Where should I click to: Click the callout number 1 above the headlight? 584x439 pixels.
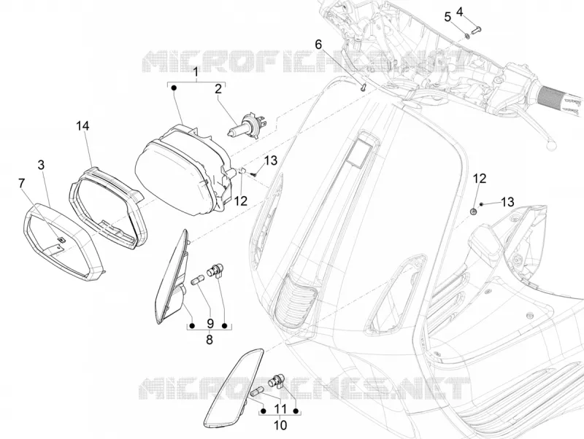[196, 72]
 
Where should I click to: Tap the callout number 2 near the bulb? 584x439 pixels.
[218, 88]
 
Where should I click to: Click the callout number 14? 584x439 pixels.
[83, 125]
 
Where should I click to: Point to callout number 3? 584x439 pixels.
[42, 164]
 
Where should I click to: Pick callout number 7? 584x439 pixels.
[22, 182]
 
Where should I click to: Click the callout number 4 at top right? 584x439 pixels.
[460, 12]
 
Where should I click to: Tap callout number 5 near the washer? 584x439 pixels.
[447, 17]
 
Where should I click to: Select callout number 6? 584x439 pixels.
[318, 44]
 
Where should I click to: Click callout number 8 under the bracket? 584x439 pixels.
[210, 339]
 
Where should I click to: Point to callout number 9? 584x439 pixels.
[210, 322]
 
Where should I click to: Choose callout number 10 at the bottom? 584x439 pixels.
[280, 425]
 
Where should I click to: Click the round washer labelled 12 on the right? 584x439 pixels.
[474, 211]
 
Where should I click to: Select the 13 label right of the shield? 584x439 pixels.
[507, 202]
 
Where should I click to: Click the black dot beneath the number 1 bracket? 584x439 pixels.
[174, 88]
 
